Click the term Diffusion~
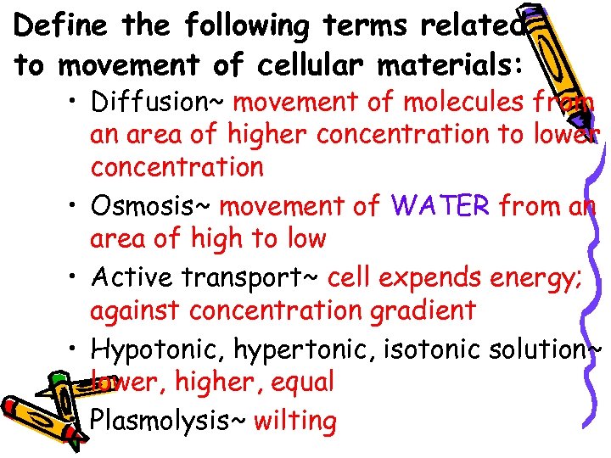[x=158, y=103]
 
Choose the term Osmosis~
[x=153, y=205]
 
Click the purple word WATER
[x=440, y=205]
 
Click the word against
[x=136, y=311]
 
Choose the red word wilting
[x=294, y=421]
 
